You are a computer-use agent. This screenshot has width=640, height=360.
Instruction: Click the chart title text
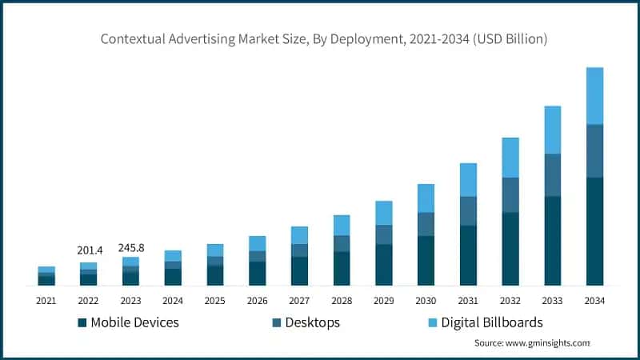[324, 38]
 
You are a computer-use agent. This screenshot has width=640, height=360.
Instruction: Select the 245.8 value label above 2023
[130, 247]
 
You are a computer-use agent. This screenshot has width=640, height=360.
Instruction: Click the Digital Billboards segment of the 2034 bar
[594, 96]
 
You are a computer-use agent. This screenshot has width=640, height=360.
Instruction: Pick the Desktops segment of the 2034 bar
[594, 151]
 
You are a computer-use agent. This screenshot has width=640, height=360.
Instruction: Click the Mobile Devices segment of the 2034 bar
[594, 231]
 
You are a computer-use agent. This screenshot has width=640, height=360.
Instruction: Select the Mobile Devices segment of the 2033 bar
[553, 240]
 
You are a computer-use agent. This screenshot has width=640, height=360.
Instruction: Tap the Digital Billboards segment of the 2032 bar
[510, 158]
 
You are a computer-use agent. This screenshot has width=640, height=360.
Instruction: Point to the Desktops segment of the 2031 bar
[468, 211]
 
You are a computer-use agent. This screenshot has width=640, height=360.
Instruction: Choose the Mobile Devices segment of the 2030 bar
[426, 260]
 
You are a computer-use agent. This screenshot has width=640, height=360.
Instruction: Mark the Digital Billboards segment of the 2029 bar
[384, 213]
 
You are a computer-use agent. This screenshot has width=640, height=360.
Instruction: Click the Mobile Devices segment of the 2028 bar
[342, 268]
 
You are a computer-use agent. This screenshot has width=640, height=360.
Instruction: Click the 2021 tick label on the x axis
[46, 301]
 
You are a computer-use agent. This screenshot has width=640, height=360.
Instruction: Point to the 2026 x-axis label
[257, 301]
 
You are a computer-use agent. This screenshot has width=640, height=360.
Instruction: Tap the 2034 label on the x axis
[594, 301]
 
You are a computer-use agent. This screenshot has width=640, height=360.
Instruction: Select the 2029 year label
[384, 301]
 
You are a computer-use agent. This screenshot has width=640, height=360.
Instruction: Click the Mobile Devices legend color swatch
[82, 323]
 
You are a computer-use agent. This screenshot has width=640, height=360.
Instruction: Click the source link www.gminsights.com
[546, 342]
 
